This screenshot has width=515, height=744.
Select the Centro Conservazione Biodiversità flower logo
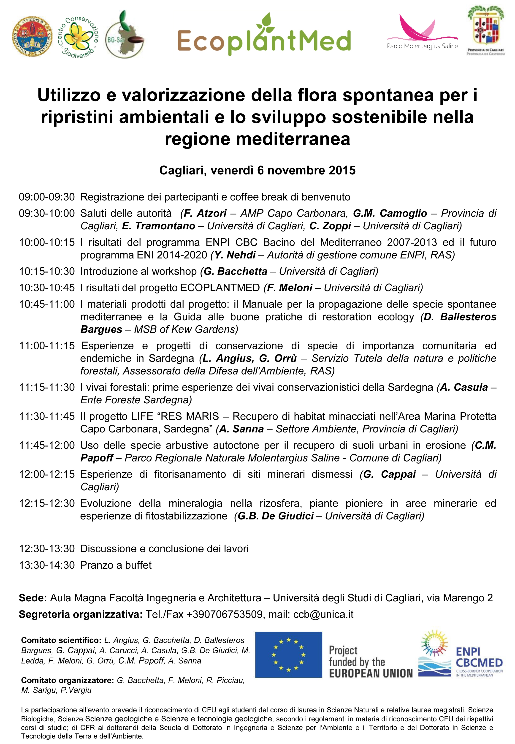[x=79, y=37]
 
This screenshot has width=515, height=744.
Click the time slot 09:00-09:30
[x=47, y=197]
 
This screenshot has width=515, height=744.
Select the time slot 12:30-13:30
[x=47, y=548]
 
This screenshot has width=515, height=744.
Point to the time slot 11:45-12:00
[x=47, y=445]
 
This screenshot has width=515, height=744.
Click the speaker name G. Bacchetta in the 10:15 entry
[x=236, y=271]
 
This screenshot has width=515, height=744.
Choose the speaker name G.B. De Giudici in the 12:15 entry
[x=276, y=516]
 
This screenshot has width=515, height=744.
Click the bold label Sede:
[x=33, y=598]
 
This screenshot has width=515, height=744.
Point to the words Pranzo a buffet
[x=116, y=565]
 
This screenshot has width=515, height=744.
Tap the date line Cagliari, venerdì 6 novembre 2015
[x=257, y=170]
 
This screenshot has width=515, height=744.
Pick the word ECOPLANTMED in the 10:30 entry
[x=220, y=288]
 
